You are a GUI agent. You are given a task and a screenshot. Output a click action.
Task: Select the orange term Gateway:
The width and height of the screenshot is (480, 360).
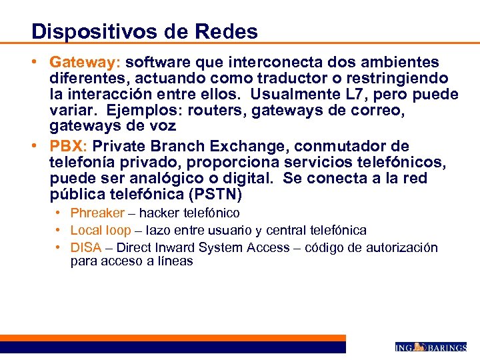pyautogui.click(x=83, y=63)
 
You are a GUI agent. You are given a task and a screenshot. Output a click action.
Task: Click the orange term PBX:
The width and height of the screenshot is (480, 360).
pyautogui.click(x=69, y=146)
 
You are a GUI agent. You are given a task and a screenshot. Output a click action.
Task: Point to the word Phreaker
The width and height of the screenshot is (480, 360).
pyautogui.click(x=97, y=213)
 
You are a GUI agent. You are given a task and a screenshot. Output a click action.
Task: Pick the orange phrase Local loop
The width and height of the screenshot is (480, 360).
pyautogui.click(x=101, y=231)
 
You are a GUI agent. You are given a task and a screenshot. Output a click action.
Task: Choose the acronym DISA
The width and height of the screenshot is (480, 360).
pyautogui.click(x=86, y=248)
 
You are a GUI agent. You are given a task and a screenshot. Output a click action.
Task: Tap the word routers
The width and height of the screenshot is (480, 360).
pyautogui.click(x=219, y=111)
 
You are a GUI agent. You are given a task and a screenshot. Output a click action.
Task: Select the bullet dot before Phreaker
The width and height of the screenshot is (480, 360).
pyautogui.click(x=59, y=213)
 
